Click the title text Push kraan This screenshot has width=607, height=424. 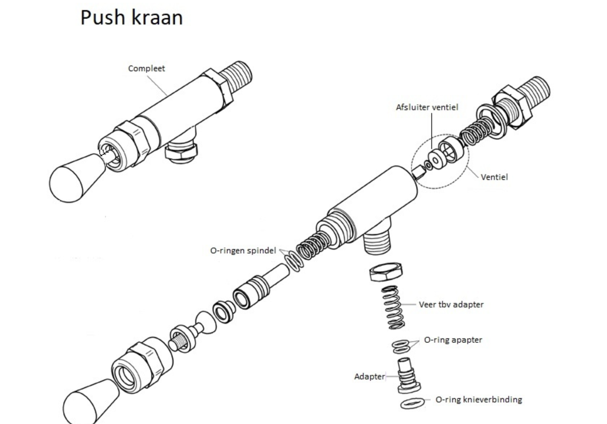point(131,17)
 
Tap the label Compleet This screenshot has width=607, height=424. point(146,68)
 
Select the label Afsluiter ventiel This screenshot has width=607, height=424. point(427,107)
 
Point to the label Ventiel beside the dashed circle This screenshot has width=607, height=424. point(494,177)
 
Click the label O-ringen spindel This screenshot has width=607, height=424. point(243,251)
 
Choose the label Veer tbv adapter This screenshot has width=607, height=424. point(451,305)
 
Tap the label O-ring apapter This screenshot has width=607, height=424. point(453,340)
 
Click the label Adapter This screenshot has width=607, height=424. point(369,376)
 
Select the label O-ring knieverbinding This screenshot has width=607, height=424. point(478,400)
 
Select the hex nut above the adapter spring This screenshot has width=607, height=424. point(386,272)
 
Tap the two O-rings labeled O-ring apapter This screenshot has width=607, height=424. point(401,346)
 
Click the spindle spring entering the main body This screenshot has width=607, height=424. point(312,246)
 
